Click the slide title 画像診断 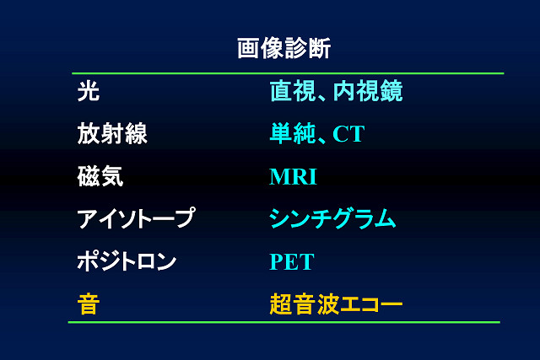point(284,48)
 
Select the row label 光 point(89,92)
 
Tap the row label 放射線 point(112,133)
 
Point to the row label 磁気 point(100,176)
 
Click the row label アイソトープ point(137,218)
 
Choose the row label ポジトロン point(127,261)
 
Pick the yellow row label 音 point(89,304)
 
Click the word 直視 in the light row point(293,91)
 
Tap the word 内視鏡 point(368,91)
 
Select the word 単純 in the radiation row point(293,133)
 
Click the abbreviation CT point(348,134)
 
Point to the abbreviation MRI point(293,176)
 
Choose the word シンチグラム point(332,218)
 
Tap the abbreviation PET point(292,261)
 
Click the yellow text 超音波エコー point(336,304)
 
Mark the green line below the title point(288,73)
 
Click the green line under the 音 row point(284,323)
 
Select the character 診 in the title point(296,48)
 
